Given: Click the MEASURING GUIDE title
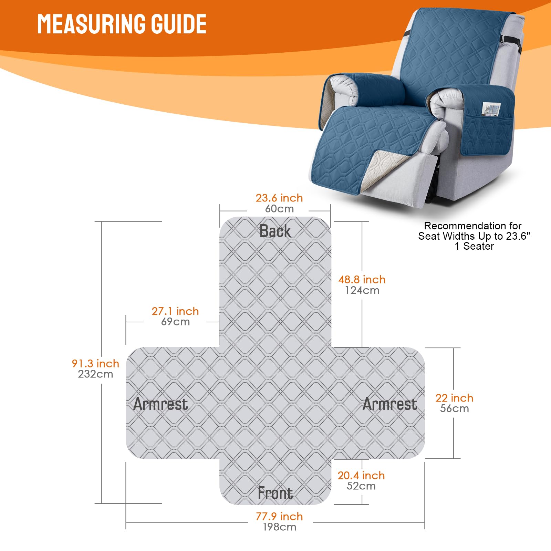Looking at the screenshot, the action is tap(122, 24).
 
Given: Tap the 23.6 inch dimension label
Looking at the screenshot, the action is tap(279, 198).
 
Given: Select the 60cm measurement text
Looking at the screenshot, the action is tap(279, 209).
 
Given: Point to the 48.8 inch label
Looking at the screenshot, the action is tap(362, 280).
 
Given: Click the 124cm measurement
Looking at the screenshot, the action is tap(362, 290).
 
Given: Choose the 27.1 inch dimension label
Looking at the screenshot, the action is tap(175, 311).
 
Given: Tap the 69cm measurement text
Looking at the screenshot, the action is tap(175, 322).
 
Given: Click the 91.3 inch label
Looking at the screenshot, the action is tap(95, 364).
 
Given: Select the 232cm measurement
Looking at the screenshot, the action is tap(95, 374).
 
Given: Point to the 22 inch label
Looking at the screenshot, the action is tap(454, 398).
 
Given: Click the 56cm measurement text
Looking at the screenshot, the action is tap(454, 408).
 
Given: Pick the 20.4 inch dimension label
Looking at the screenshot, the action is tap(361, 476).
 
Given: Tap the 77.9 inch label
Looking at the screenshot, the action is tap(279, 517).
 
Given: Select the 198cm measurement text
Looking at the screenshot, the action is tap(279, 527).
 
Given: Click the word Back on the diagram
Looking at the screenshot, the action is tap(275, 231).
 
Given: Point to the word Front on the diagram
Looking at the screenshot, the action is tap(275, 493).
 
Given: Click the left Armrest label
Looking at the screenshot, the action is tap(160, 404).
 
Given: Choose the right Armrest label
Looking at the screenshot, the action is tap(389, 404).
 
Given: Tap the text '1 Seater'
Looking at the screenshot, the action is tap(474, 246).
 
